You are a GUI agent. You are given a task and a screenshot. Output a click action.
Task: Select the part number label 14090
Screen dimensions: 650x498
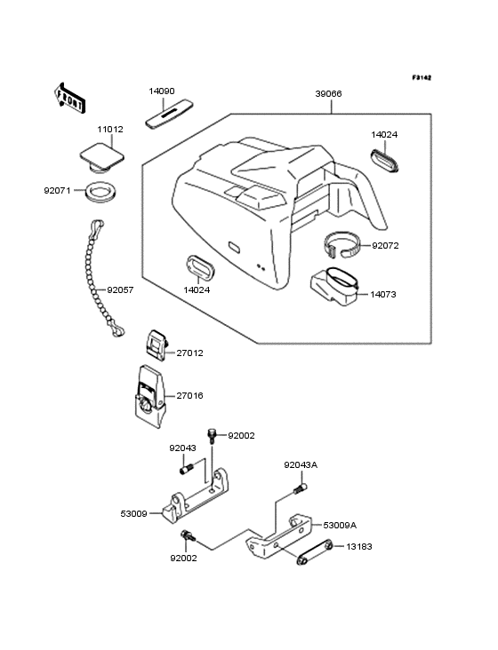162,91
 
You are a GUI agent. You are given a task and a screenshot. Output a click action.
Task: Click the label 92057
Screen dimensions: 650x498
122,289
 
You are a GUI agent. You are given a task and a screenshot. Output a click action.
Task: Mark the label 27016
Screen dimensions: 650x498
190,395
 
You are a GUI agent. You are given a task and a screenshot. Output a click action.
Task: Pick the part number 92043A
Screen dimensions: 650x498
301,464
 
